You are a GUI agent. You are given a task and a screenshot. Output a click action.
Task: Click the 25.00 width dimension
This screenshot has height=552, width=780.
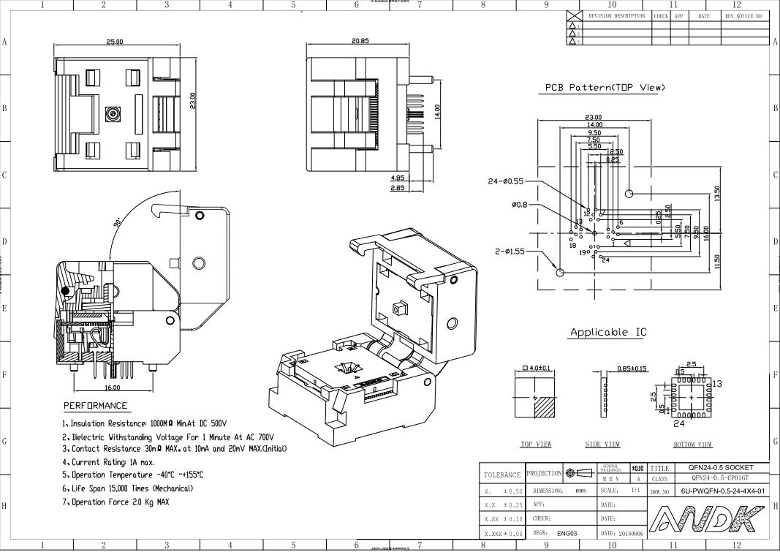tap(115, 42)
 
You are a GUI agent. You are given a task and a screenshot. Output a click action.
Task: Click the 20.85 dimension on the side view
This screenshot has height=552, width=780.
tap(360, 41)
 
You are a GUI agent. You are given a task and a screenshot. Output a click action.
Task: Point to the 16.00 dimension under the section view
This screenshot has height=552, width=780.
tap(113, 387)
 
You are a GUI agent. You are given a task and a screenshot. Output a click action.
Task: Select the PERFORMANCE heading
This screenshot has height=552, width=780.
tap(95, 406)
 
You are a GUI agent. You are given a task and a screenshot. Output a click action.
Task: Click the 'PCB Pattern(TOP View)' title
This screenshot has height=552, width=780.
tap(605, 88)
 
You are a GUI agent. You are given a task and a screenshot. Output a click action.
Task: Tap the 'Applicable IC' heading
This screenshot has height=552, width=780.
tap(608, 332)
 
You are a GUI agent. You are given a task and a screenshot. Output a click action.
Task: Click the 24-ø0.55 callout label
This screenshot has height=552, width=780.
tap(505, 181)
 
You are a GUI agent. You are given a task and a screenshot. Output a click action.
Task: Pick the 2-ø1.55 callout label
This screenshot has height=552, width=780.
tap(510, 252)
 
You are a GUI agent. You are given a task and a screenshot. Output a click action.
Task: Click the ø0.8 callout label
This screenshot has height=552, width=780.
tap(520, 205)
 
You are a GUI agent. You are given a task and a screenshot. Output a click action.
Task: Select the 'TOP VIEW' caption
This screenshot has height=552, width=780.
tap(536, 445)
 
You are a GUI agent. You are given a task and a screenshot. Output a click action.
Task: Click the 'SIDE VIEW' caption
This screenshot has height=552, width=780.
tap(602, 445)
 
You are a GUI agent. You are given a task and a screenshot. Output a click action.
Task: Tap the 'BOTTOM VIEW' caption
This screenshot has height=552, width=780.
tap(692, 445)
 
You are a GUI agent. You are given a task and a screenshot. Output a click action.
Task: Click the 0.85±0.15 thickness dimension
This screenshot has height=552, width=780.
tap(632, 368)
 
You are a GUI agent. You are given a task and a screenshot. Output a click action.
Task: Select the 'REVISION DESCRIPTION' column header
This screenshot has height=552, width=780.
tap(616, 15)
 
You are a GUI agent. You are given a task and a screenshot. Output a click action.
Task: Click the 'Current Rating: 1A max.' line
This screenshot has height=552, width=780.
tap(107, 462)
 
